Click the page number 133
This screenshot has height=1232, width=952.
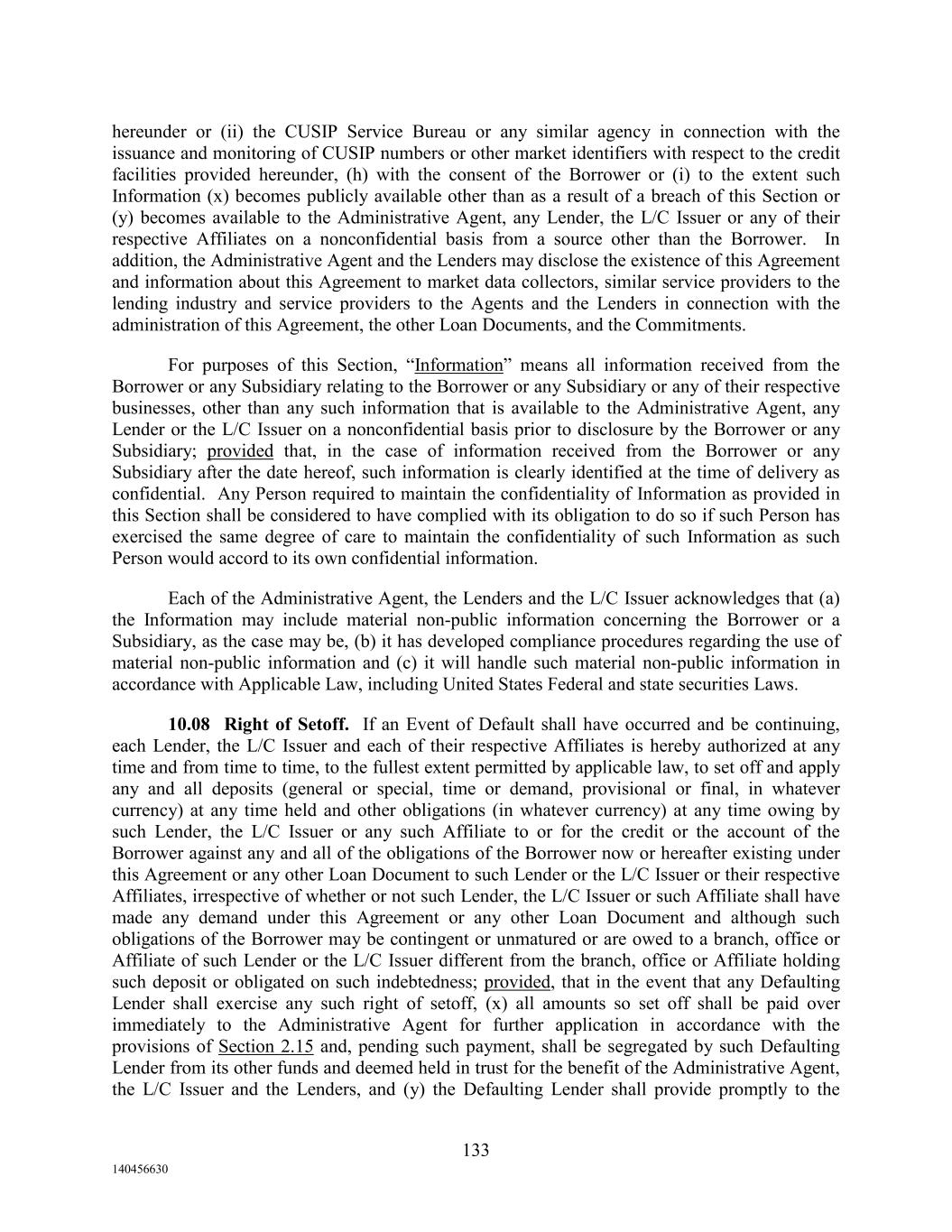[x=476, y=1150]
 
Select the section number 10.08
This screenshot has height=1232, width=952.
[x=189, y=725]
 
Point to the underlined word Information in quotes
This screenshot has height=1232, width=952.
[x=458, y=366]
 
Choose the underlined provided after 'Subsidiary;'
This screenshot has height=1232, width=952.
[x=240, y=451]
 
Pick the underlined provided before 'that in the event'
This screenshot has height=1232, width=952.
[x=518, y=982]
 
